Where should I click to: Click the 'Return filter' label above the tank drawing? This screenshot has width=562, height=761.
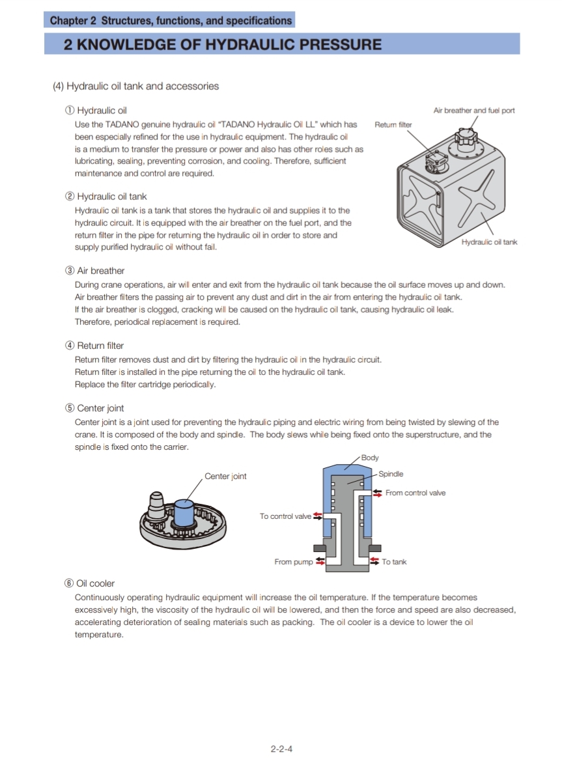tap(393, 124)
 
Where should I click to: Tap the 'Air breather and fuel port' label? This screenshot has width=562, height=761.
tap(474, 110)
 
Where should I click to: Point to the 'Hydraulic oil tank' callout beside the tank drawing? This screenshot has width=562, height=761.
tap(489, 242)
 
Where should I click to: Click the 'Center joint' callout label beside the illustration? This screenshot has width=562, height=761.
tap(225, 476)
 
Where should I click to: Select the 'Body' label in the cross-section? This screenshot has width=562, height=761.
tap(370, 458)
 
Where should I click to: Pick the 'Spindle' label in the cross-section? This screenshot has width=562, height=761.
tap(391, 474)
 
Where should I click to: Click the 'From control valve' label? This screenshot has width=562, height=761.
tap(415, 493)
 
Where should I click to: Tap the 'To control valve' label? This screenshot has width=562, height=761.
tap(285, 516)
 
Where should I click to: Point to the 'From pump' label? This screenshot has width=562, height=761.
tap(294, 562)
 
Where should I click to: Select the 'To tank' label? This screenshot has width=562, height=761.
tap(394, 562)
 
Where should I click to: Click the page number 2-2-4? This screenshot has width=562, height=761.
tap(281, 749)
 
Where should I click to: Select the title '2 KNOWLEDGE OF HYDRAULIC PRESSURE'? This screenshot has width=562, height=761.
tap(223, 44)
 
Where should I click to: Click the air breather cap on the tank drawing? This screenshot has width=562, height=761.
tap(466, 137)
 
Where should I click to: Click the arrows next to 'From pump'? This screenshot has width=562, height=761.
tap(320, 561)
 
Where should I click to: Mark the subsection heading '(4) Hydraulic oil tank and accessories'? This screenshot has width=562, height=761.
tap(135, 86)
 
